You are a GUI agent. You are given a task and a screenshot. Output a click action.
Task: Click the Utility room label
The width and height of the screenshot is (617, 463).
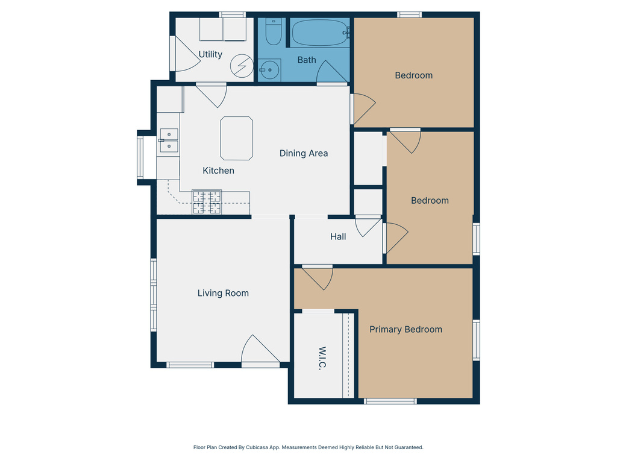pyautogui.click(x=210, y=54)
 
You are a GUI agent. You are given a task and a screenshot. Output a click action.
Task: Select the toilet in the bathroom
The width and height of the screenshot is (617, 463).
pyautogui.click(x=273, y=32)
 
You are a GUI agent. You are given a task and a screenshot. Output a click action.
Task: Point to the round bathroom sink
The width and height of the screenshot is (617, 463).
pyautogui.click(x=269, y=70)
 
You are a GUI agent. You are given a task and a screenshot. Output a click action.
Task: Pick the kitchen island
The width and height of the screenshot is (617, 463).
pyautogui.click(x=236, y=138)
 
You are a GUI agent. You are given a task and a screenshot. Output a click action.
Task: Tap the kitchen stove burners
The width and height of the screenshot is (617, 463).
pyautogui.click(x=207, y=202)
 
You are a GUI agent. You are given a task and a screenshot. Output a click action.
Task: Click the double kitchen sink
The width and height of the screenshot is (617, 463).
pyautogui.click(x=169, y=140)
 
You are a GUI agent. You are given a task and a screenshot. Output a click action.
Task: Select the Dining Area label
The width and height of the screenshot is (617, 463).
pyautogui.click(x=304, y=153)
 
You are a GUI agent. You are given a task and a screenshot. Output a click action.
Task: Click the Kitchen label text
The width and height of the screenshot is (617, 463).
pyautogui.click(x=218, y=171)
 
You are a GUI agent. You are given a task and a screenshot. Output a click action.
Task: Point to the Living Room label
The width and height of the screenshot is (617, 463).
pyautogui.click(x=223, y=294)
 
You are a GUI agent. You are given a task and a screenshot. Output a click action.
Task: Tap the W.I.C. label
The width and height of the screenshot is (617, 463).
pyautogui.click(x=322, y=358)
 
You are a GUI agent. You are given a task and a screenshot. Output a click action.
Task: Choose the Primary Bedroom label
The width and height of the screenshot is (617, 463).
pyautogui.click(x=406, y=330)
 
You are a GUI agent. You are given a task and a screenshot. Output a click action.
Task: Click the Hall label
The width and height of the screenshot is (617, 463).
pyautogui.click(x=338, y=236)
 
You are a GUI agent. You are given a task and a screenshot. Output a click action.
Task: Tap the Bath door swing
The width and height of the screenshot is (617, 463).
pyautogui.click(x=332, y=72)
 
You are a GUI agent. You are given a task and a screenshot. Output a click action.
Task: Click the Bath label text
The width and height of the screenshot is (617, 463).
pyautogui.click(x=307, y=60)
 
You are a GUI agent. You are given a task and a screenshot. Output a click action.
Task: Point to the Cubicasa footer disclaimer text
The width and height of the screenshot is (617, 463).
pyautogui.click(x=308, y=447)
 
